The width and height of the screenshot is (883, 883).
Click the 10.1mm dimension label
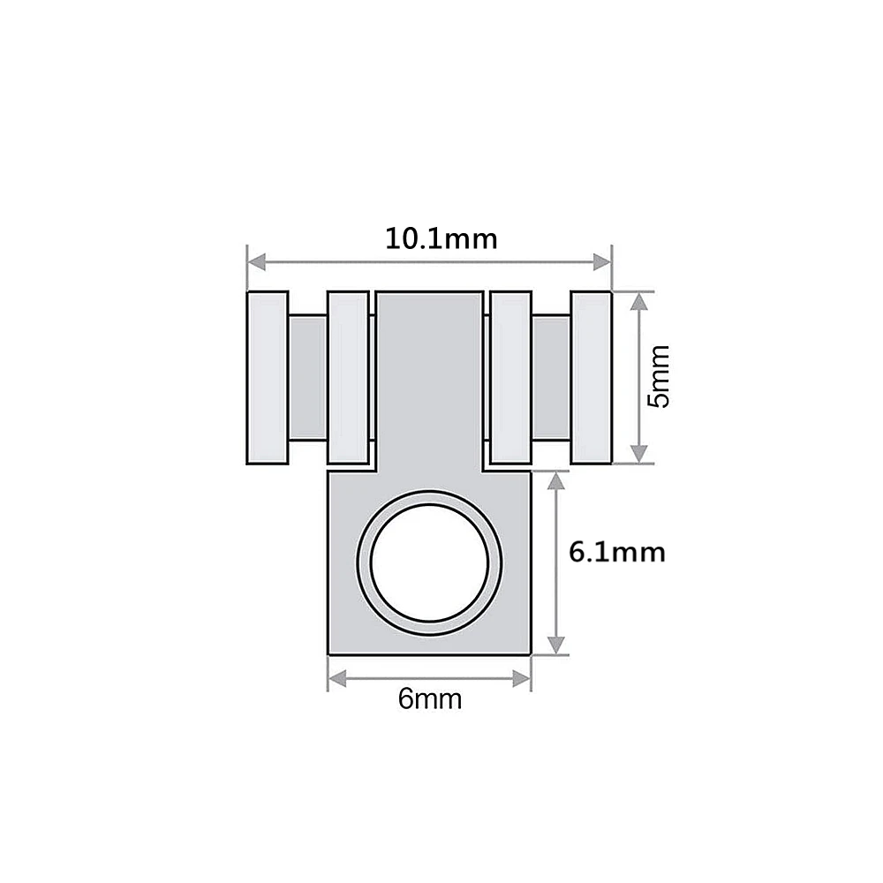441,238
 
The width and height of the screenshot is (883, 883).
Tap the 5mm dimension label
659,376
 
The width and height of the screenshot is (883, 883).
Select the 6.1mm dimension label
616,552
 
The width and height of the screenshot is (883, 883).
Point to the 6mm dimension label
430,698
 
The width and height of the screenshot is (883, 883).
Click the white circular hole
430,562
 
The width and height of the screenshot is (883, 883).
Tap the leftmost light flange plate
268,377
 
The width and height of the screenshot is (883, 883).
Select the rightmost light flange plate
591,377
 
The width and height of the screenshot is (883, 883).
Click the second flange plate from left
349,377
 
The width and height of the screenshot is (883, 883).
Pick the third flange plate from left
510,377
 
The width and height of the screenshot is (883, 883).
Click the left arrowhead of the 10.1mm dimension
257,262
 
